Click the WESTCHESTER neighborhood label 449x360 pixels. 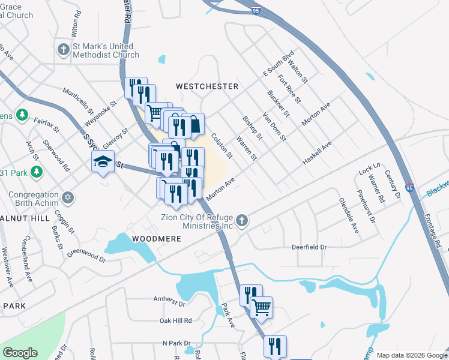pos(206,86)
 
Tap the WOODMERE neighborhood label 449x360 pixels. pos(152,238)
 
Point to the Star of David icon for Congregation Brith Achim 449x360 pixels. pos(68,197)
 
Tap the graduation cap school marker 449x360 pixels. pos(103,161)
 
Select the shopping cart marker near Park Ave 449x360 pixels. pos(261,307)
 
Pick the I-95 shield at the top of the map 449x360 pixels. pos(256,11)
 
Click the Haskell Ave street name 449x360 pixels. pos(317,154)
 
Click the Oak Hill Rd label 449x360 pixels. pos(175,320)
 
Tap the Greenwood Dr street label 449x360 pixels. pos(86,256)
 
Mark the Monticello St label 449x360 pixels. pos(79,103)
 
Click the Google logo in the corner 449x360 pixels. pos(19,353)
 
